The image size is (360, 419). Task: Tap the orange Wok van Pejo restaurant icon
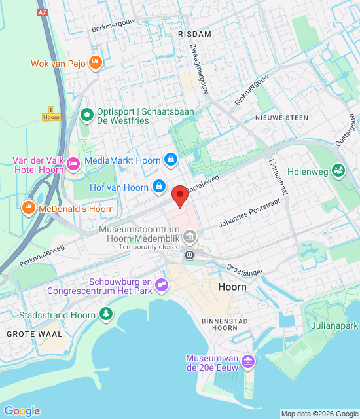pyautogui.click(x=96, y=63)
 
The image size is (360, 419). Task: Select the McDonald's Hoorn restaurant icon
pyautogui.click(x=28, y=208)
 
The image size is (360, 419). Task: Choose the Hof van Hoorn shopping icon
pyautogui.click(x=158, y=187)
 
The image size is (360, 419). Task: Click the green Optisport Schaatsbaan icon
pyautogui.click(x=86, y=116)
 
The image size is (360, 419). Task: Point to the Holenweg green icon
pyautogui.click(x=338, y=170)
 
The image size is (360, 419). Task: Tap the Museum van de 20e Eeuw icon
pyautogui.click(x=247, y=361)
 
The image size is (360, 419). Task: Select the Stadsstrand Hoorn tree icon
pyautogui.click(x=105, y=314)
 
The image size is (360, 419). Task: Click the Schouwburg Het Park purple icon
pyautogui.click(x=162, y=284)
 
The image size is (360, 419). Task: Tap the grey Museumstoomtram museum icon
pyautogui.click(x=190, y=236)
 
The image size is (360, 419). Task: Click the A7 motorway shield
pyautogui.click(x=43, y=12)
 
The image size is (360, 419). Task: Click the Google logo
pyautogui.click(x=22, y=410)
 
